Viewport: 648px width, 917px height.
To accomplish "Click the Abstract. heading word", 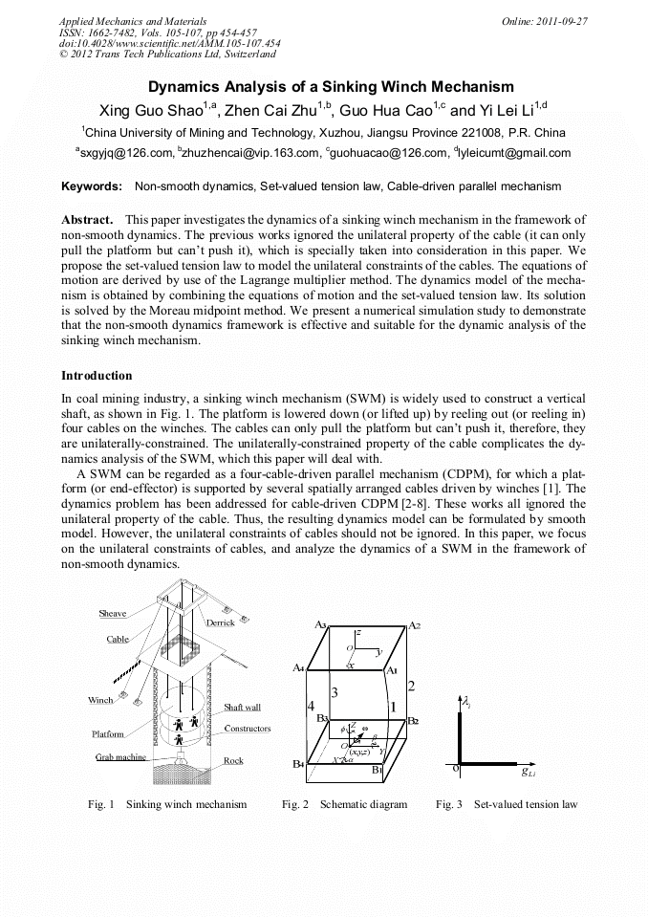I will [x=88, y=219].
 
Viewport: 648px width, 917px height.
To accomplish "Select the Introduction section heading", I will [x=97, y=376].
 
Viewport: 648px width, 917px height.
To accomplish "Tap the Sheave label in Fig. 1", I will [x=112, y=614].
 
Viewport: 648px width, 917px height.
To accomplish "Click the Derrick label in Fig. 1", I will [x=220, y=622].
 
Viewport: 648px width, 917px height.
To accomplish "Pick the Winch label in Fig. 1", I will [x=100, y=700].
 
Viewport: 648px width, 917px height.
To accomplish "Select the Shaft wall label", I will [x=242, y=708].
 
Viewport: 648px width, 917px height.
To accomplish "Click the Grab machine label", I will [x=120, y=756].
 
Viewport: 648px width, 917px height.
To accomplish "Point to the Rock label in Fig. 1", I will [x=233, y=761].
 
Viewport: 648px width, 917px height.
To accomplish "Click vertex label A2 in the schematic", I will [x=414, y=625].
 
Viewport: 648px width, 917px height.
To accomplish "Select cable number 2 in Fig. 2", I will [x=410, y=686].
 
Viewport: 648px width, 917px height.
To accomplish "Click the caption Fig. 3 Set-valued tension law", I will [x=507, y=804].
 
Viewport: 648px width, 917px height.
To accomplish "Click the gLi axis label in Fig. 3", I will [x=527, y=771].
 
